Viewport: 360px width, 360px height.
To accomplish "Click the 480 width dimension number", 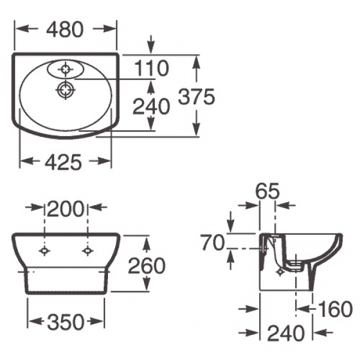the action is point(65,29).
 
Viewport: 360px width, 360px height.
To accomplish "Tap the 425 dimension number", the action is point(63,163).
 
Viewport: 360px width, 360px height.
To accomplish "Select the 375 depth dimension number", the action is point(197,96).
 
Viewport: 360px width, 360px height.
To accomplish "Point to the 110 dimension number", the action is point(151,68).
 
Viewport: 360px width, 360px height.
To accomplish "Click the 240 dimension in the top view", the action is point(151,106).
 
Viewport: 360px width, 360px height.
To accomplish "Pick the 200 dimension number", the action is point(65,209).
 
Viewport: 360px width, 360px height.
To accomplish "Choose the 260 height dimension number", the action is point(147,265).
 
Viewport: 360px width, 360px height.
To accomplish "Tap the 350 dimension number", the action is point(66,322).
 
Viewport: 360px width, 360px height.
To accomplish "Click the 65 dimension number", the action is point(268,191).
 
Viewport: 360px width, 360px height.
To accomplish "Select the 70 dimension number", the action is point(212,242).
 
